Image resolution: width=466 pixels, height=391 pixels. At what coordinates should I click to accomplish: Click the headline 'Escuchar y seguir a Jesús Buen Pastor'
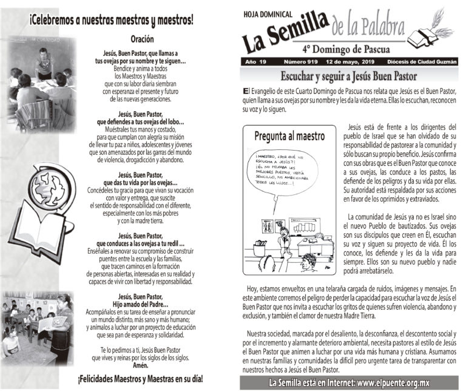coord(348,76)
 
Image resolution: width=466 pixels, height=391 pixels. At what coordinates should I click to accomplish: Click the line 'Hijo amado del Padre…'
coord(140,304)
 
